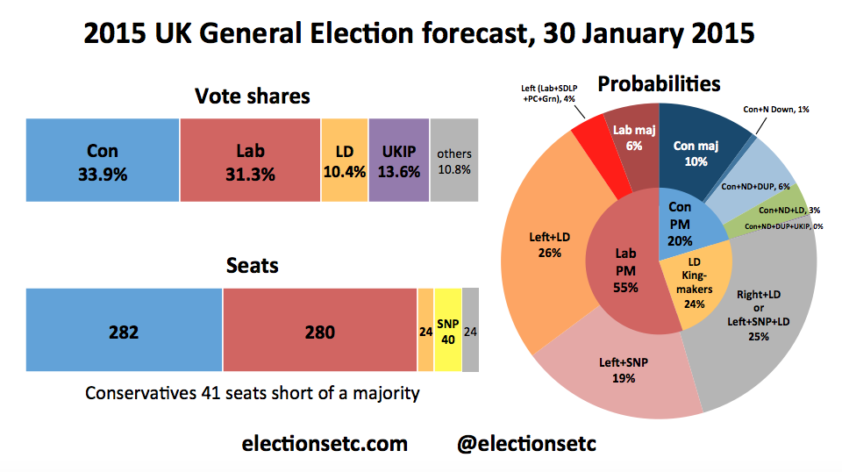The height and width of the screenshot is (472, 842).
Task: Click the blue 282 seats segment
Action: coord(125,332)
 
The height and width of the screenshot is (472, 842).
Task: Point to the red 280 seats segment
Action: coord(319,332)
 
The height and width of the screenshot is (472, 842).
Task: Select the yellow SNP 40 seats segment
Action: coord(447,332)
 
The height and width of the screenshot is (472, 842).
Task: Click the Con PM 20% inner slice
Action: coord(680,224)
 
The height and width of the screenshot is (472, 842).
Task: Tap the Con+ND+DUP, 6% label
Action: coord(755,186)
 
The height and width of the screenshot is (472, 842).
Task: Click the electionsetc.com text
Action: coord(325,443)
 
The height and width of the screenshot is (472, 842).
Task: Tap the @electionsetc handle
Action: coord(526,443)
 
